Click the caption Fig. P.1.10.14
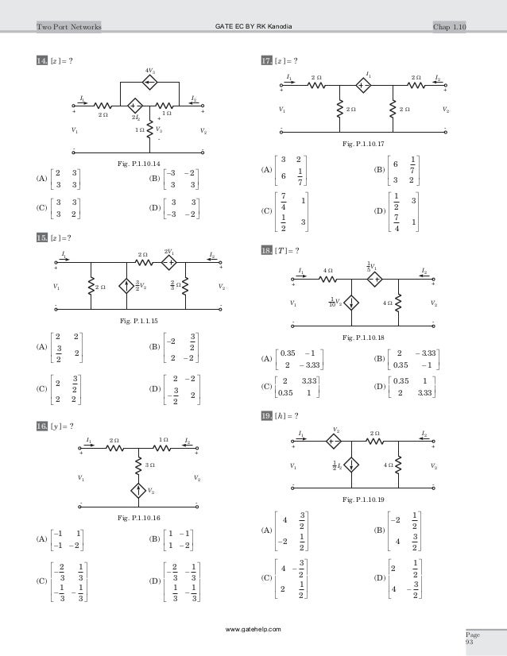point(139,163)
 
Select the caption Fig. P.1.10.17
point(362,143)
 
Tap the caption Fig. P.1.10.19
point(362,501)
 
